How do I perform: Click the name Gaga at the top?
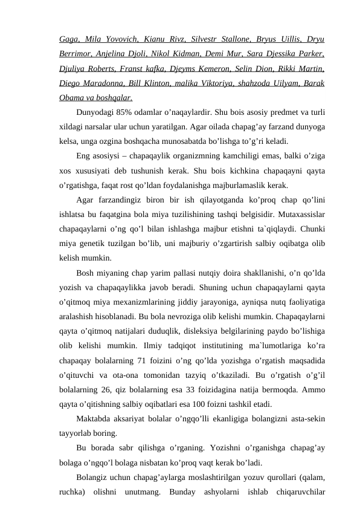coord(70,41)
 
